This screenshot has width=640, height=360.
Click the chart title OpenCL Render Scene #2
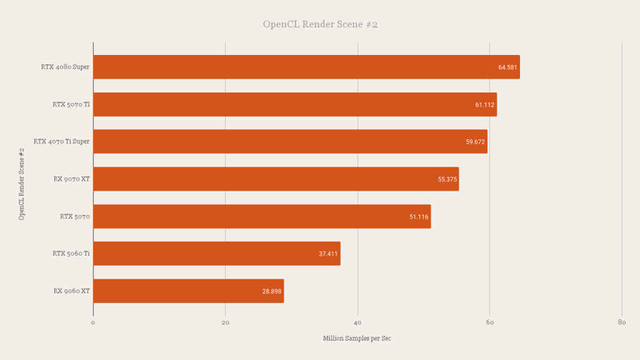(x=320, y=25)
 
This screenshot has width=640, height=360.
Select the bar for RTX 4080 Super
(x=306, y=67)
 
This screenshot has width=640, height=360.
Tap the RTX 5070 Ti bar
(x=295, y=104)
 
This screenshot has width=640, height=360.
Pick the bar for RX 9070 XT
(x=276, y=179)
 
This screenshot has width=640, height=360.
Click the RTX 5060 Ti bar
(x=216, y=254)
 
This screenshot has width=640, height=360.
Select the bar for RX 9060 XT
(x=188, y=291)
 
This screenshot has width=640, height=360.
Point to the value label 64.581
(x=507, y=67)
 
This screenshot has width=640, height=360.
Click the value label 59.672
(x=475, y=142)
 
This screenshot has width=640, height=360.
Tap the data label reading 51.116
(x=419, y=217)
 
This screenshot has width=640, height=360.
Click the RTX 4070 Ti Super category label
(x=61, y=141)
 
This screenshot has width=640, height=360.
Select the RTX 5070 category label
(x=75, y=216)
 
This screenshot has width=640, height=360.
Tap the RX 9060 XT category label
(x=71, y=291)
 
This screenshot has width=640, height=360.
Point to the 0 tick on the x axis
(x=93, y=322)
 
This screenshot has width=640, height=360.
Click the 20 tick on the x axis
(x=225, y=322)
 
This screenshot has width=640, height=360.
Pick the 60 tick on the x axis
(x=489, y=322)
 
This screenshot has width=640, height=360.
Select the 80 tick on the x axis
(x=621, y=322)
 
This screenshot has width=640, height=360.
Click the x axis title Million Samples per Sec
(x=357, y=338)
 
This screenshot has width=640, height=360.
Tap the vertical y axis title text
(x=21, y=184)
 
